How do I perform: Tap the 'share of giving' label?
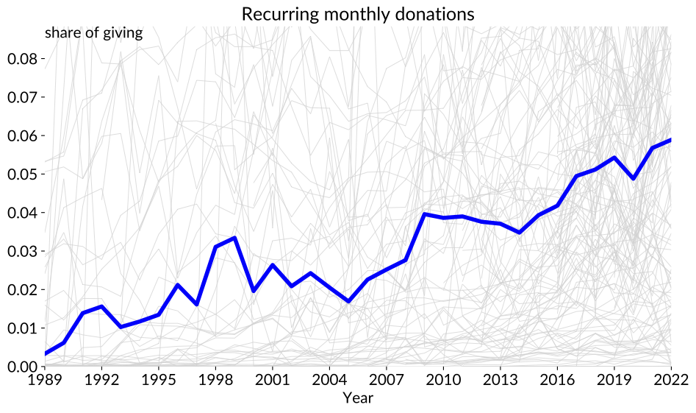(93, 32)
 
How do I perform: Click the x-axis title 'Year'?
(358, 398)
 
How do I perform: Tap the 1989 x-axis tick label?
(46, 380)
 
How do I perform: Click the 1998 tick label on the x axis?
(216, 380)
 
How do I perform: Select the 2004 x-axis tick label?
(330, 380)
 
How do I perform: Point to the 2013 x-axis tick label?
(501, 380)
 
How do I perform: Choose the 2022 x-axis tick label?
(670, 380)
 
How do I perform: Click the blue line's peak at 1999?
(234, 238)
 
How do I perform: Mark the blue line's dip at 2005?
(348, 301)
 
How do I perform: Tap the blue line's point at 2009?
(425, 213)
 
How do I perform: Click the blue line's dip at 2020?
(633, 179)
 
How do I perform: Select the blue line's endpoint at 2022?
(670, 140)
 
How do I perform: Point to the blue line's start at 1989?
(46, 354)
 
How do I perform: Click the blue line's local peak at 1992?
(102, 306)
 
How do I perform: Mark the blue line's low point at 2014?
(520, 233)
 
